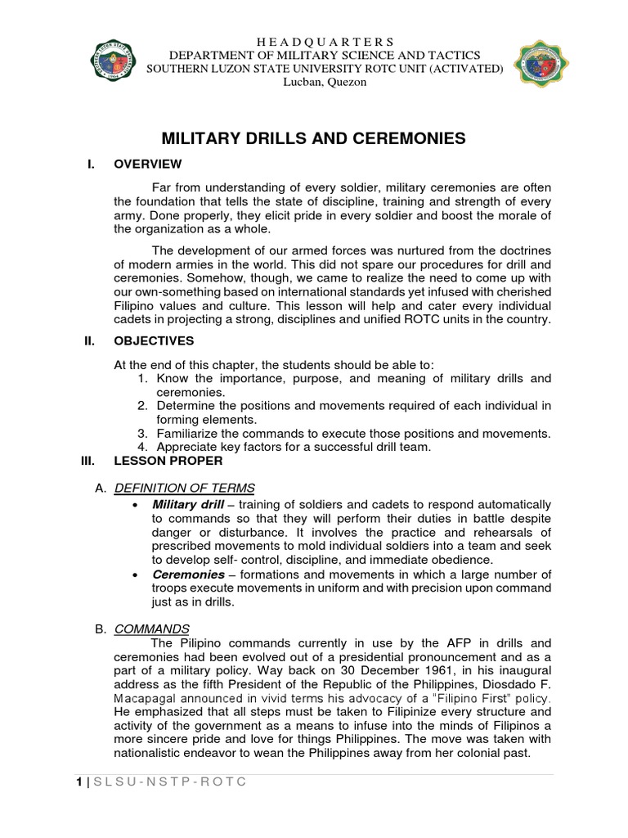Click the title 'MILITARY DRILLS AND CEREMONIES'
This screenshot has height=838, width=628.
tap(313, 138)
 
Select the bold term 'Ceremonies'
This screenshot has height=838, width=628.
tap(189, 574)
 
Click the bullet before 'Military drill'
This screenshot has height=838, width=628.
tap(133, 504)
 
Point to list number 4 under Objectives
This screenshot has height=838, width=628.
tap(141, 447)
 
